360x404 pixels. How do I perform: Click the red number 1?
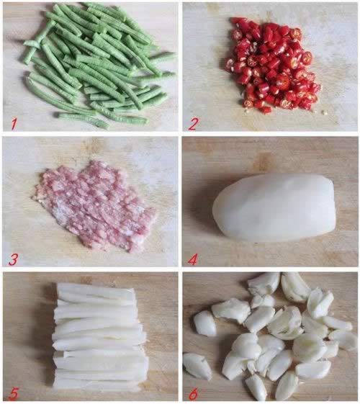[14, 124]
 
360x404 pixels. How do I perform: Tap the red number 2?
[193, 124]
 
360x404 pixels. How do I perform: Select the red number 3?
[14, 259]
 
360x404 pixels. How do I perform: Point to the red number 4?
[193, 259]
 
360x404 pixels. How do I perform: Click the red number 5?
[14, 392]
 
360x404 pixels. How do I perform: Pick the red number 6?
[194, 393]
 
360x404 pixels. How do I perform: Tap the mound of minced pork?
[95, 206]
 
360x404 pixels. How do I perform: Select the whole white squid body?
[275, 207]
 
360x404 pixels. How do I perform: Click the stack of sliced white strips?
[100, 336]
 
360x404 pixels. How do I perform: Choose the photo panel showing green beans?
[90, 67]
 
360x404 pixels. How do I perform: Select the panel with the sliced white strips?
[90, 336]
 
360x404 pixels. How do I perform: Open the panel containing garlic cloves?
[271, 336]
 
